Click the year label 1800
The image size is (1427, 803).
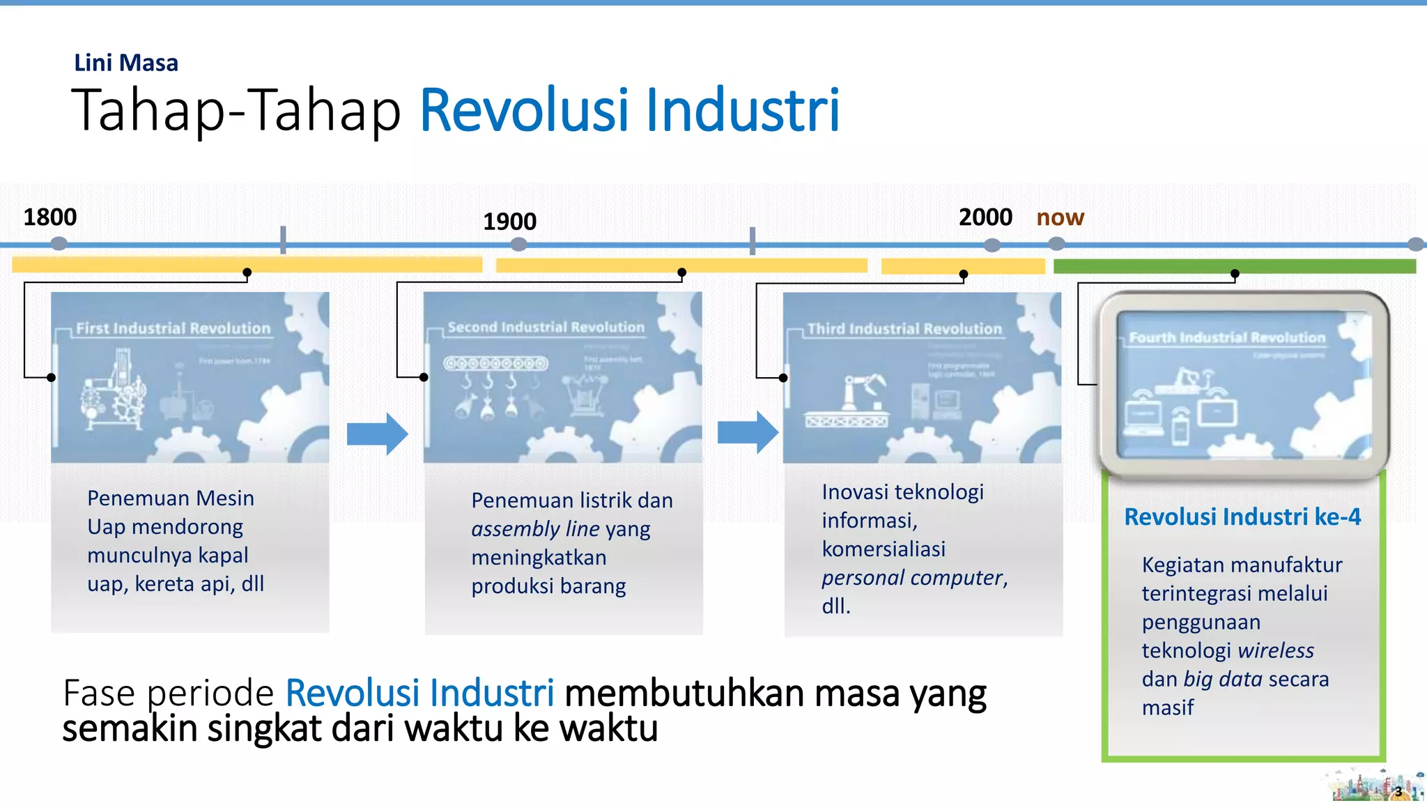[50, 217]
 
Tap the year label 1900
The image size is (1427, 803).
[509, 222]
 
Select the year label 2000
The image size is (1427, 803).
[985, 217]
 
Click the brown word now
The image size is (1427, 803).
[1060, 217]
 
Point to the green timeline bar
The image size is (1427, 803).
[1233, 266]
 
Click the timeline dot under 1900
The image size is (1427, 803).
[518, 245]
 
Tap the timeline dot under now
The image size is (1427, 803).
[1056, 244]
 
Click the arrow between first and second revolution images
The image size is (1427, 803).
[377, 434]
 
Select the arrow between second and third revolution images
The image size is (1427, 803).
[748, 432]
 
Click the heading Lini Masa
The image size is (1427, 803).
[126, 63]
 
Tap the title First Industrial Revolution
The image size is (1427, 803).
[173, 328]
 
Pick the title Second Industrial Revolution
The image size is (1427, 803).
[546, 327]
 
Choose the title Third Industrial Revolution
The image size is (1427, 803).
[904, 329]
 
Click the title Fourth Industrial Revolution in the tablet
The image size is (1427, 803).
[1226, 337]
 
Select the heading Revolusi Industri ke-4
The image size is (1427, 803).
[1242, 517]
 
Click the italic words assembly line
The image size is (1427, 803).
[535, 529]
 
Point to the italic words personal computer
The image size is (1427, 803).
[912, 578]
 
